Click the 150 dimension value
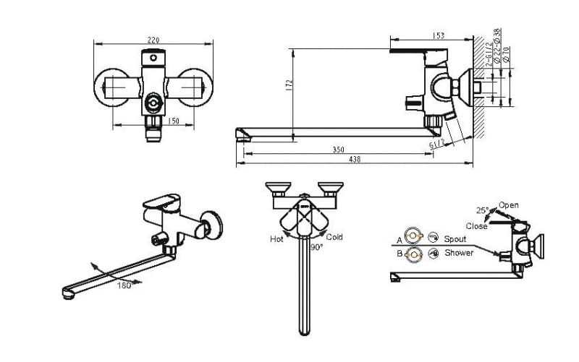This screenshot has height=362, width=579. [173, 121]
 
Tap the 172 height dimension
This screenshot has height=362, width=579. [289, 85]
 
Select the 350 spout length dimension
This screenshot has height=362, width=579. [338, 150]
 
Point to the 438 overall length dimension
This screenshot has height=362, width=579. [354, 160]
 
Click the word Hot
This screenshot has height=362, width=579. [276, 238]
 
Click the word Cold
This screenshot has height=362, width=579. [334, 237]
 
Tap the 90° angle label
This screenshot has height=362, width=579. [316, 246]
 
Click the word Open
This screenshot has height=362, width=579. [509, 205]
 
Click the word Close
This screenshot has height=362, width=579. [476, 225]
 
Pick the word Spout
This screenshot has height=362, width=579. [455, 238]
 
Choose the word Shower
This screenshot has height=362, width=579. [459, 253]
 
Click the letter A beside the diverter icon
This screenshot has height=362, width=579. [399, 239]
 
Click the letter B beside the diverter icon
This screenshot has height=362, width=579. [399, 254]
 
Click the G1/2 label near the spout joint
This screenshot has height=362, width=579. [437, 145]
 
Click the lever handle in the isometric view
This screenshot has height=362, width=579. [162, 200]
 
